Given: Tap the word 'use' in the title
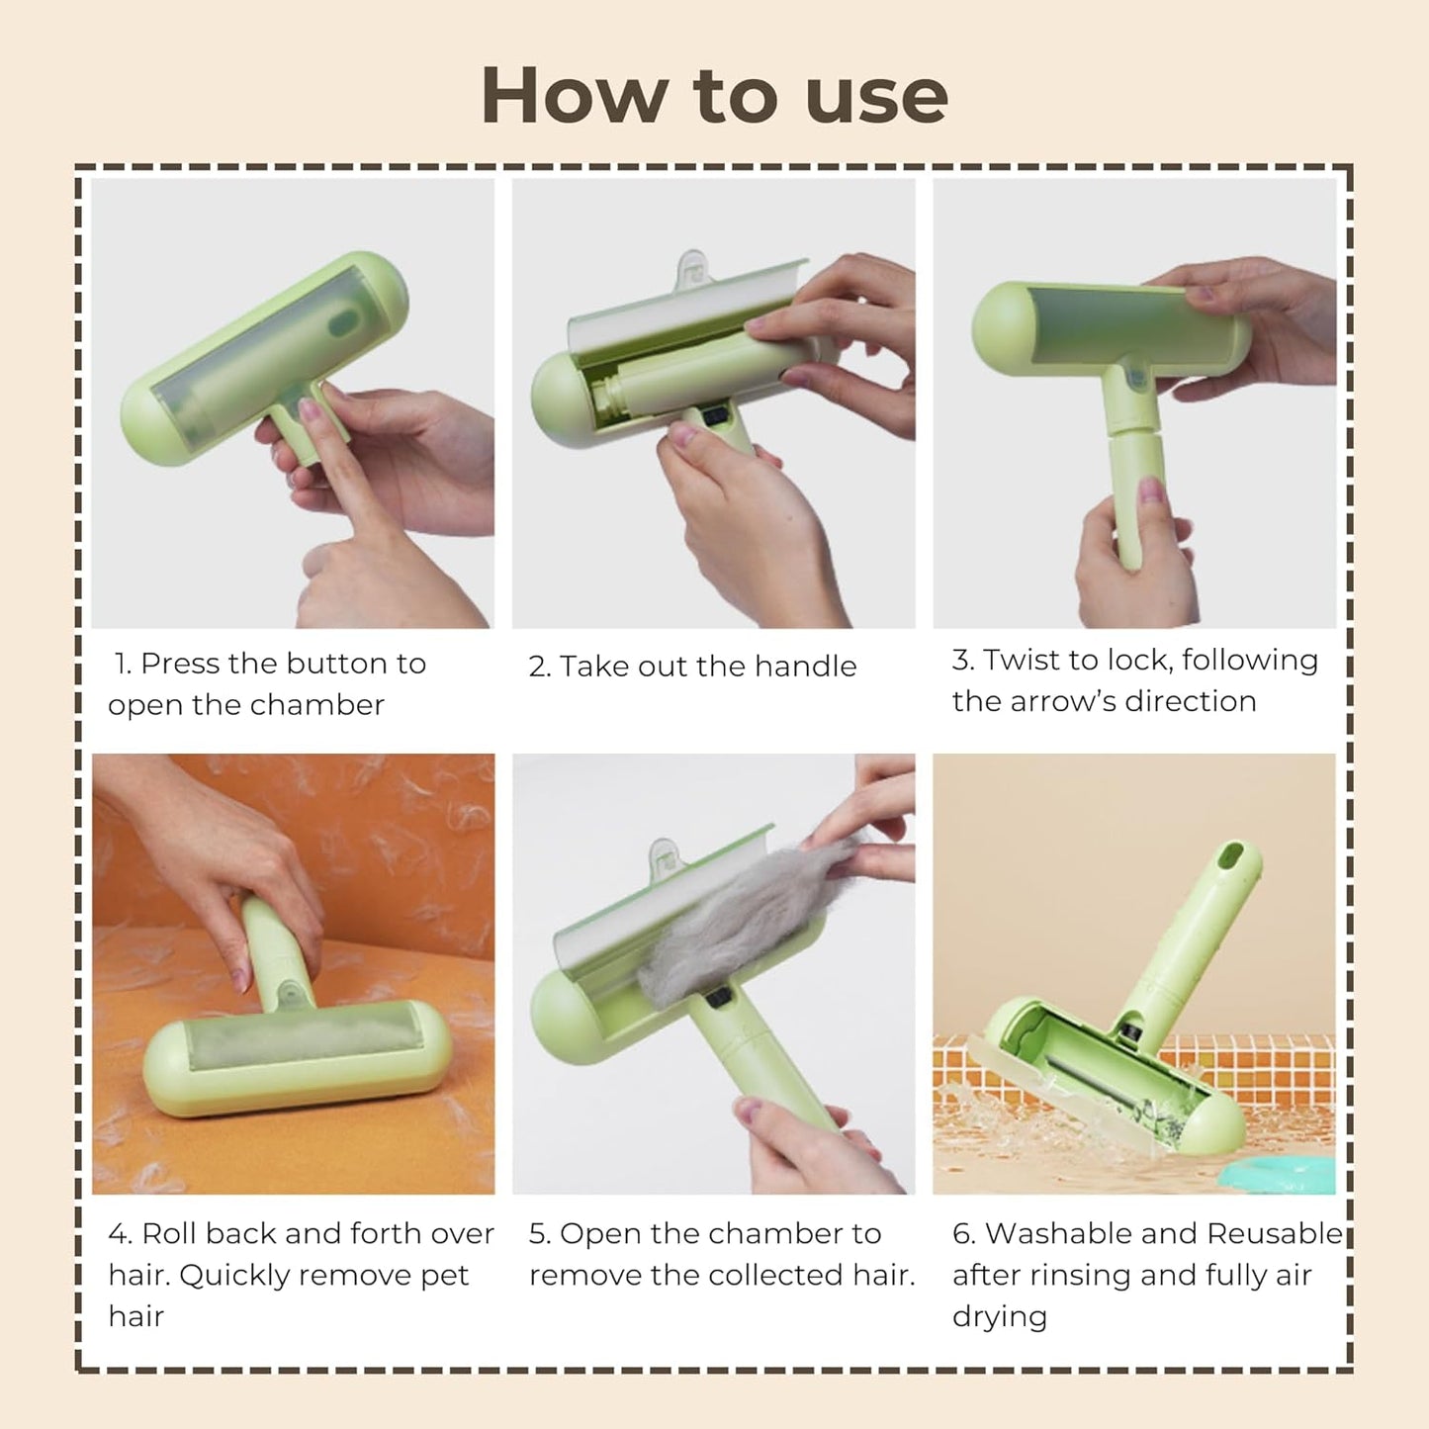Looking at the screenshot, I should (x=876, y=96).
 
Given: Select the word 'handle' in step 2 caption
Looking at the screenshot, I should (x=805, y=667).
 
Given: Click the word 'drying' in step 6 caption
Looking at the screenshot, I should (x=999, y=1317).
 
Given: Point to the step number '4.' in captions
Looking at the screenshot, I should (x=120, y=1234).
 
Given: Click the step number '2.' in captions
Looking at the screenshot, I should (x=539, y=667).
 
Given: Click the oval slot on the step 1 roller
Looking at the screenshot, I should (x=344, y=320).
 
